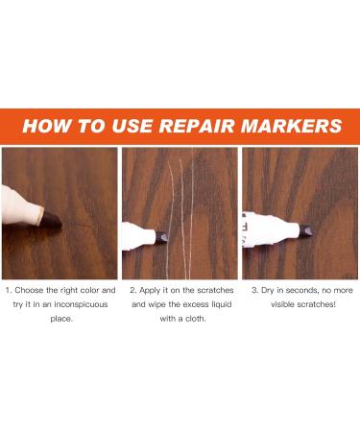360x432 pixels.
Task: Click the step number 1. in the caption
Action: [x=11, y=289]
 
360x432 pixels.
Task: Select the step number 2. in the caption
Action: [x=133, y=289]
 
